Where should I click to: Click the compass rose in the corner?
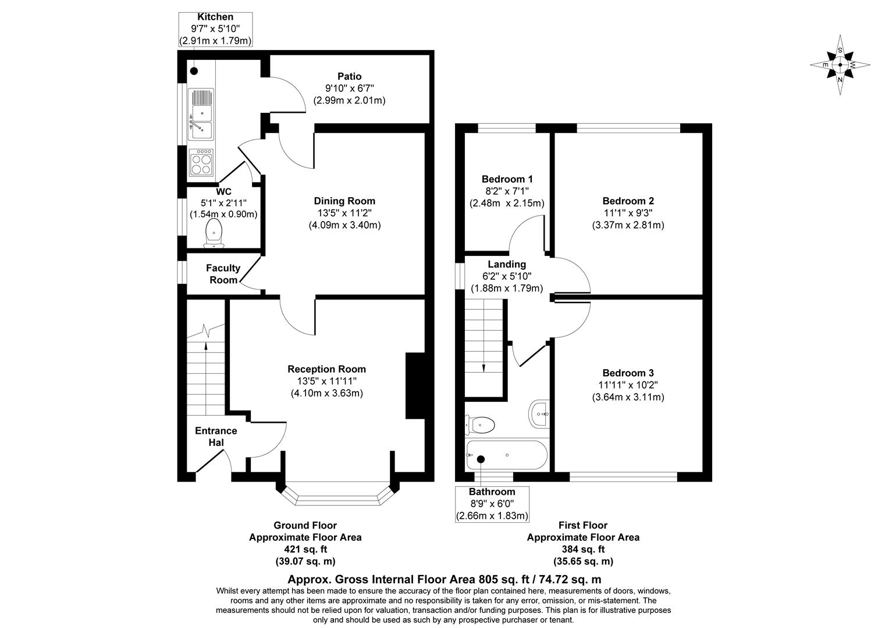[x=840, y=65]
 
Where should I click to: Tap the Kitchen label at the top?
[x=215, y=17]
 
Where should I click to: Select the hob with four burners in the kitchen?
[x=201, y=163]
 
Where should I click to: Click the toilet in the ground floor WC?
[x=215, y=233]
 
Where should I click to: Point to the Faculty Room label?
[x=223, y=274]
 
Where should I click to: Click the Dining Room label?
[x=344, y=201]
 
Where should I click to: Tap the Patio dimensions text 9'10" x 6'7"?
[x=349, y=88]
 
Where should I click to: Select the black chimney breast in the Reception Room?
[x=414, y=386]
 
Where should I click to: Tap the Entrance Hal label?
[x=216, y=437]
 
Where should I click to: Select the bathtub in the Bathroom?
[x=506, y=455]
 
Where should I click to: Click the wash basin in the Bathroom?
[x=539, y=414]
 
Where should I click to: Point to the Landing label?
[x=507, y=265]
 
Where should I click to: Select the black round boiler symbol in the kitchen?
[x=194, y=71]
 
